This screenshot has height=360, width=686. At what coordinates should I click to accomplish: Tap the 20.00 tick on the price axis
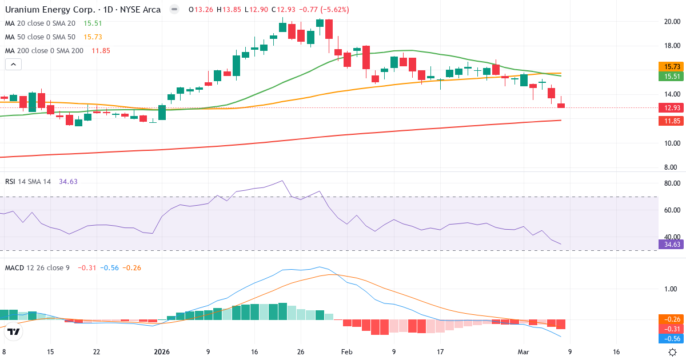[671, 22]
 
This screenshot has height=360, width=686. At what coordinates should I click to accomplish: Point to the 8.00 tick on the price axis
[671, 167]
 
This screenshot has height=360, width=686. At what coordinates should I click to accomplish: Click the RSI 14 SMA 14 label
[28, 182]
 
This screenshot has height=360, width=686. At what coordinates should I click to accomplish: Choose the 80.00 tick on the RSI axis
[671, 183]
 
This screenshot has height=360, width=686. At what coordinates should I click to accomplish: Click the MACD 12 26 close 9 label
[37, 267]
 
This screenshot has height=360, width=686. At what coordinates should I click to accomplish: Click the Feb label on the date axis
[347, 352]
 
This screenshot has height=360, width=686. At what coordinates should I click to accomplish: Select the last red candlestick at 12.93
[561, 105]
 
